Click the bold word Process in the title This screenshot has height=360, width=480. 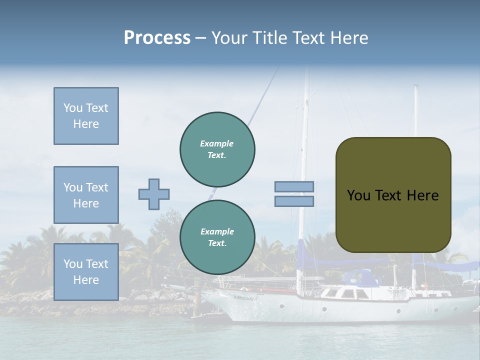(157, 38)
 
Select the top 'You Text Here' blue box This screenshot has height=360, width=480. (86, 116)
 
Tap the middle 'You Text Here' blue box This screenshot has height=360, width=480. (86, 195)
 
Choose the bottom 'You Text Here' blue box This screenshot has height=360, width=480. (86, 272)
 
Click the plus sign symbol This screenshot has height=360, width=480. (154, 194)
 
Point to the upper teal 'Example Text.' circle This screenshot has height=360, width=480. (217, 149)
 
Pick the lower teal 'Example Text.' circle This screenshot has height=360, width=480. (217, 237)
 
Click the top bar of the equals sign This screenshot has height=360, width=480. (294, 186)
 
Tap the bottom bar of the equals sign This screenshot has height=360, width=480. (294, 201)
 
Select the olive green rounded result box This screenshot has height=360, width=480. (393, 195)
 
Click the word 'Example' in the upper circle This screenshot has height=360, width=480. (217, 143)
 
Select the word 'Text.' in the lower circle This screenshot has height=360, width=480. (217, 243)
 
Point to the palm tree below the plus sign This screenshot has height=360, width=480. (150, 245)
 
